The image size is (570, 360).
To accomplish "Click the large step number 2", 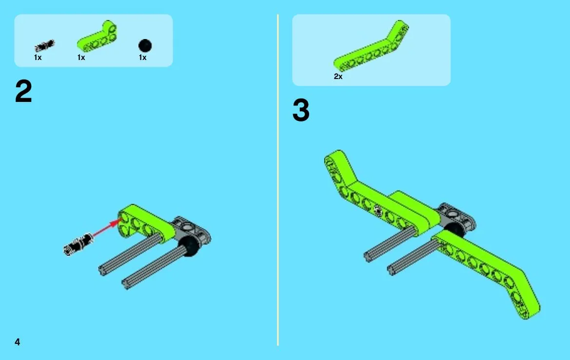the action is point(23,91).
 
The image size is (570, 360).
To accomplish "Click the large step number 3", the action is point(301,110).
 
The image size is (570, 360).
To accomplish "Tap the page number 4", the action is point(17,342).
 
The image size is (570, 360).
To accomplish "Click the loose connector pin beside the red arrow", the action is point(78,243).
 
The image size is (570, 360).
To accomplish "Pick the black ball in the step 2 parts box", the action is point(145,46).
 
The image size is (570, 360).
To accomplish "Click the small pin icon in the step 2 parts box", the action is point(45,46).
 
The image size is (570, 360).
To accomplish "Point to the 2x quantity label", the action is point(338,77).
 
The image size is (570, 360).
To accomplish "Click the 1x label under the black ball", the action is point(142,58).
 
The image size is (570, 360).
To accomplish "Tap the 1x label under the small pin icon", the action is point(38,58).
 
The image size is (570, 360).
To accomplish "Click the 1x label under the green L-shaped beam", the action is point(81,58).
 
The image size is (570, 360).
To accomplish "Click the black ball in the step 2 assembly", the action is point(189,246).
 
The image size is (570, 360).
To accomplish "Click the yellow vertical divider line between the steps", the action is point(278,180).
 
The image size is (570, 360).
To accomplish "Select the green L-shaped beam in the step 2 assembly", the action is point(145,222).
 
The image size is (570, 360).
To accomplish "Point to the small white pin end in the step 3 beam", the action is point(378,210).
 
